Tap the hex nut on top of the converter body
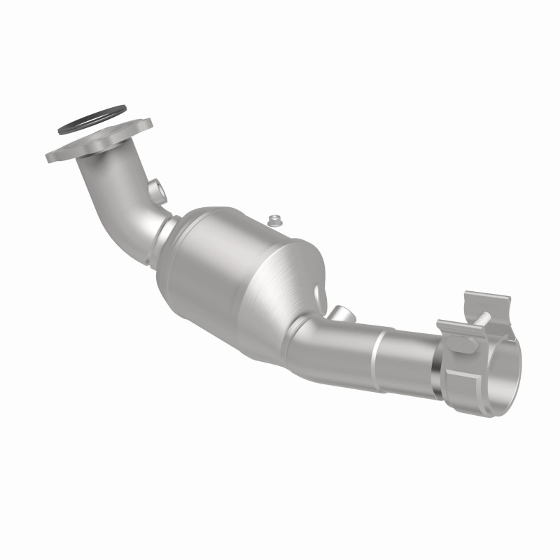coord(275,220)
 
